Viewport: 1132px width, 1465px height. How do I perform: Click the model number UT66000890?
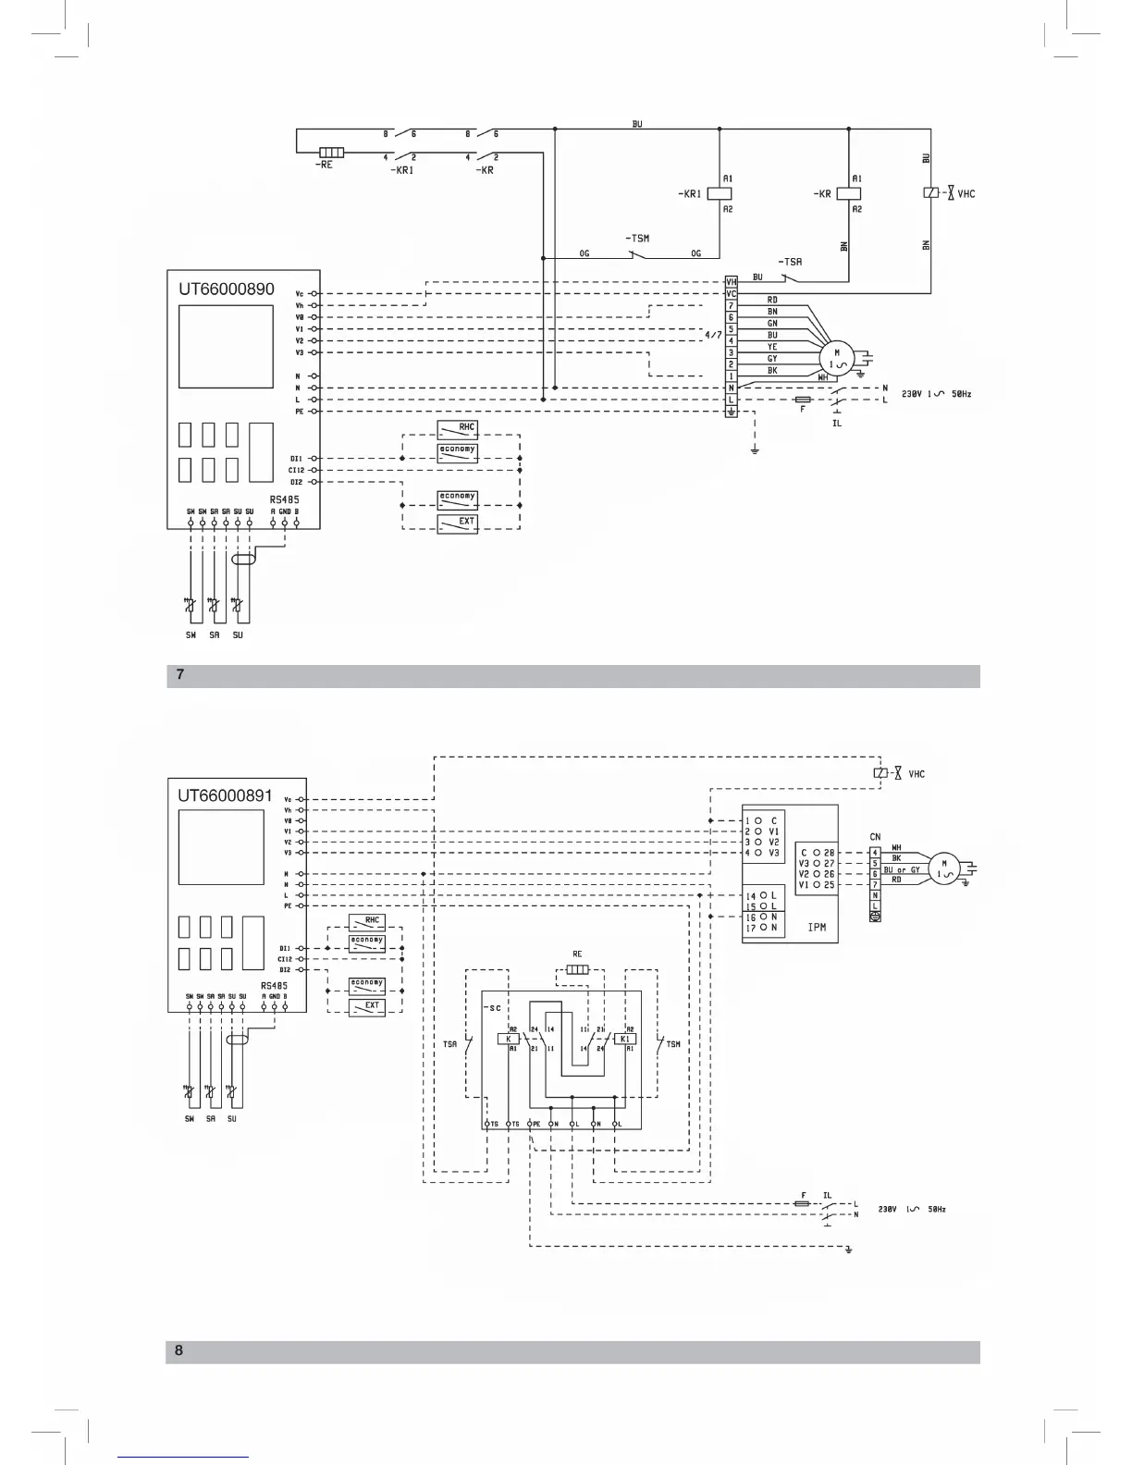227,289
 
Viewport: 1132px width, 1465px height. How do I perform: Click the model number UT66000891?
226,795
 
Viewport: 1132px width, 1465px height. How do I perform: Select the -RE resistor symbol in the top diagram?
331,153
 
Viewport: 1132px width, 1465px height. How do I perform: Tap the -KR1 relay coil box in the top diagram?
720,193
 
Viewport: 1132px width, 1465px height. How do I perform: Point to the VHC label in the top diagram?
966,194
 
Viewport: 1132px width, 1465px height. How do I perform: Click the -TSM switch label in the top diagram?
636,239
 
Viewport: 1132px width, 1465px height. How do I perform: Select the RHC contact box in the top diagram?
457,428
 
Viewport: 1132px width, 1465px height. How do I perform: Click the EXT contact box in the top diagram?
457,523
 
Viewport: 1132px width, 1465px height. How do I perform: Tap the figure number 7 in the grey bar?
180,675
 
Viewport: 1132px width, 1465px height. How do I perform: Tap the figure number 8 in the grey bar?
179,1350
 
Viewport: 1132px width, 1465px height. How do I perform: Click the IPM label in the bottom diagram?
817,927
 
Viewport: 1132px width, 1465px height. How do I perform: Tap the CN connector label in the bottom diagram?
875,837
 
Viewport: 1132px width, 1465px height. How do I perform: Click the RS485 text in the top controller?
284,499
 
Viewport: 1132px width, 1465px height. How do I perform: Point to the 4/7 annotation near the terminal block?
713,335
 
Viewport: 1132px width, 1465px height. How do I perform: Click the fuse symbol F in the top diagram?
804,400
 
